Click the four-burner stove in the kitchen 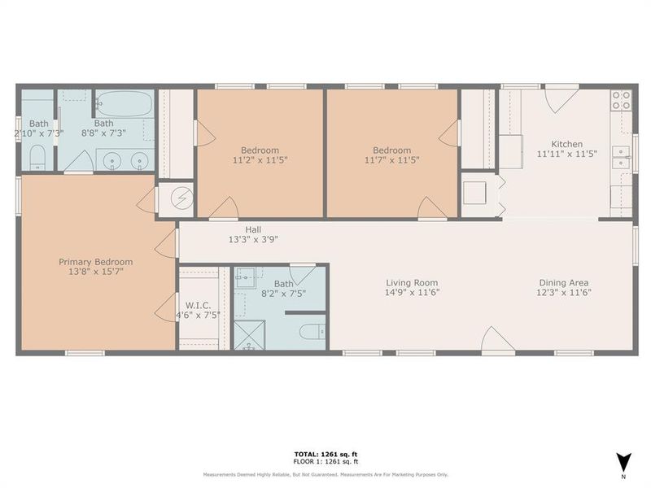click(x=621, y=100)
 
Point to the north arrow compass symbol click(x=623, y=462)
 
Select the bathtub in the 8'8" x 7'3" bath click(x=124, y=104)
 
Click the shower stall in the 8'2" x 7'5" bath click(x=247, y=335)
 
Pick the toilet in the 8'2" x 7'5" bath click(x=312, y=331)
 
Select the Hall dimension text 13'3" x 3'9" click(x=254, y=240)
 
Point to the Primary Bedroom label click(x=95, y=262)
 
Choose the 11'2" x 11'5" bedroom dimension click(x=260, y=160)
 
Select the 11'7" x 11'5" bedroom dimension click(x=391, y=160)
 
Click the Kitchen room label click(x=566, y=144)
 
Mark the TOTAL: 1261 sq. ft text click(x=325, y=454)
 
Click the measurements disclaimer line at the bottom click(x=325, y=474)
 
